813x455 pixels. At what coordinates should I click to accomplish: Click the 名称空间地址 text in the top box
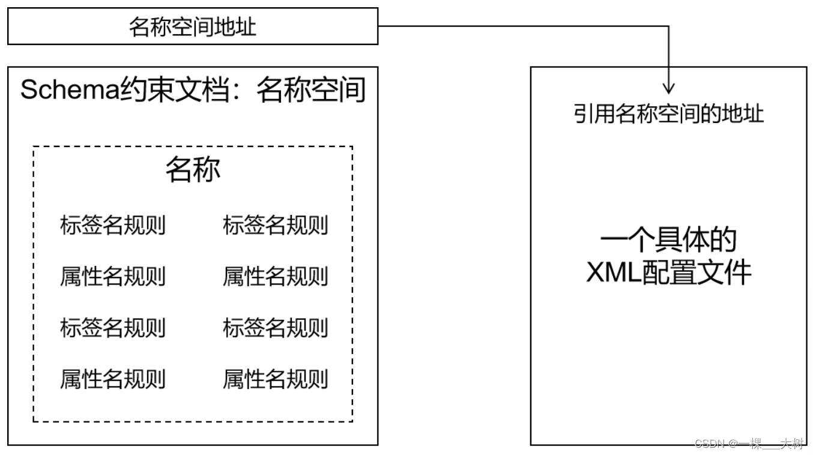[192, 27]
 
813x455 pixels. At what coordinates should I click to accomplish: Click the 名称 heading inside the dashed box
[193, 170]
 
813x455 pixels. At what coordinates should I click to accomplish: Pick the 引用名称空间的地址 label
[668, 113]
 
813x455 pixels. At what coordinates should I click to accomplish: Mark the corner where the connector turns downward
[668, 26]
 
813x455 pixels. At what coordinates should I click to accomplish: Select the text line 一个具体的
[668, 241]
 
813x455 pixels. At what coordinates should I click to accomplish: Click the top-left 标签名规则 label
[112, 226]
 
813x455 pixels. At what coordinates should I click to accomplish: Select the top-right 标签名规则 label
[276, 226]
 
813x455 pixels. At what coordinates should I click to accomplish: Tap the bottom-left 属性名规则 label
[112, 379]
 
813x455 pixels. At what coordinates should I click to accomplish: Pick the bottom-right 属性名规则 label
[276, 379]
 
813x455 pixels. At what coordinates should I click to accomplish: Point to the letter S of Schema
[28, 91]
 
